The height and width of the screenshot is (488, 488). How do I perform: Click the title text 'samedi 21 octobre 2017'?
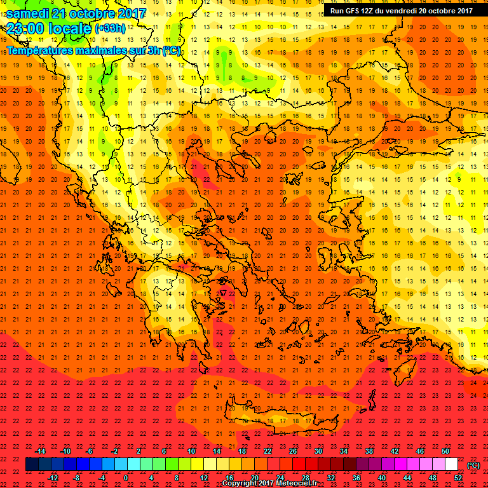point(76,13)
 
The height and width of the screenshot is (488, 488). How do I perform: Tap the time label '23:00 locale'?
point(48,28)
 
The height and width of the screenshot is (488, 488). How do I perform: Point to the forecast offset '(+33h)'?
point(110,29)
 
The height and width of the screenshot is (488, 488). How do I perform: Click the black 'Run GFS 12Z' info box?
point(401,10)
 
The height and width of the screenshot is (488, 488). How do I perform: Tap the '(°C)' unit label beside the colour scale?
point(473,464)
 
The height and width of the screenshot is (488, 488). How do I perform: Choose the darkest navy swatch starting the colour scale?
point(32,464)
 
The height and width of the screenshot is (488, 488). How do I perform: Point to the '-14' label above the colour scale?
point(40,451)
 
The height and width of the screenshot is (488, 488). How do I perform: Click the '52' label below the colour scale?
point(458,477)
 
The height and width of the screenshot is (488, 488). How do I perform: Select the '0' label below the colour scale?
point(126,477)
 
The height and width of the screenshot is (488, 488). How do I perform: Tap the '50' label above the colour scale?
point(445,451)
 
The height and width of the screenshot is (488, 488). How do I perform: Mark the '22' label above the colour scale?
point(268,451)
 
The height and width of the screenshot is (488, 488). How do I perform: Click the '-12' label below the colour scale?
point(53,477)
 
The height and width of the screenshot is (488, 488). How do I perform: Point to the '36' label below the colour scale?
point(356,477)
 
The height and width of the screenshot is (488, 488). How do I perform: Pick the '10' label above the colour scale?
point(191,451)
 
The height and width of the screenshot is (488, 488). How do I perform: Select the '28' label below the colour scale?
point(306,477)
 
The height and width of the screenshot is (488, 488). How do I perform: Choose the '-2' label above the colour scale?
point(115,451)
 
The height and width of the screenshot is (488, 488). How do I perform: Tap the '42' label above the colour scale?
point(395,451)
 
